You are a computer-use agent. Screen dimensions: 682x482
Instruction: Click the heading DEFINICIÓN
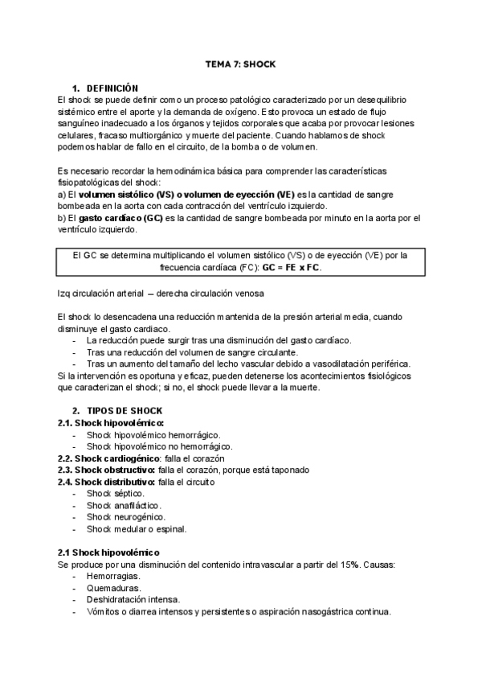(x=112, y=88)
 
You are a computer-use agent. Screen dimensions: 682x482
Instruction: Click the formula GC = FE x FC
(x=290, y=268)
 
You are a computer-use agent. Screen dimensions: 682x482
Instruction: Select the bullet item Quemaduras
(x=114, y=589)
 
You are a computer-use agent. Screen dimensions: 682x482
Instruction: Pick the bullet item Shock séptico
(x=116, y=493)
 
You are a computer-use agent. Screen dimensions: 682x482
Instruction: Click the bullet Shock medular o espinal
(x=137, y=529)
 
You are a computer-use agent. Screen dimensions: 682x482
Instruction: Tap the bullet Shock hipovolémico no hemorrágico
(x=160, y=446)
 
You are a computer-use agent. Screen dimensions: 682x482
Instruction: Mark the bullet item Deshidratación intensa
(x=133, y=600)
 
